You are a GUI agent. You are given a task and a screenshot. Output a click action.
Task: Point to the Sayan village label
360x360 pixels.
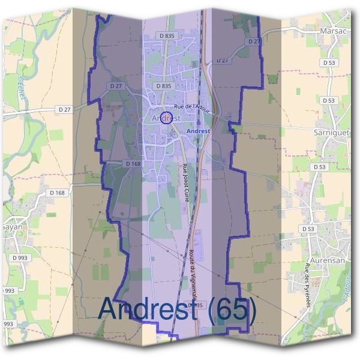(11, 227)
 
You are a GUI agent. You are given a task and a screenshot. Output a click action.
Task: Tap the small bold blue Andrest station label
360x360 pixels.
(198, 130)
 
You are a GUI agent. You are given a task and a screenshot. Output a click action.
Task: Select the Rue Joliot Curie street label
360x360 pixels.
(185, 183)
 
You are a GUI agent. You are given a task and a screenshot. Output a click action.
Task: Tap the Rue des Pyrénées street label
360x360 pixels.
(308, 285)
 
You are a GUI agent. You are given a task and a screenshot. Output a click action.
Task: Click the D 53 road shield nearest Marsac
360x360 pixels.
(328, 62)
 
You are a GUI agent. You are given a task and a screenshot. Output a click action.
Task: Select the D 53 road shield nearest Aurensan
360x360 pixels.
(308, 229)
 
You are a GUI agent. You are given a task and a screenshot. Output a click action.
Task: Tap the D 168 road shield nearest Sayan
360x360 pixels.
(57, 193)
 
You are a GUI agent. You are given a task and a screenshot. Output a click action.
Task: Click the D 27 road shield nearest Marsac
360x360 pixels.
(253, 41)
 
